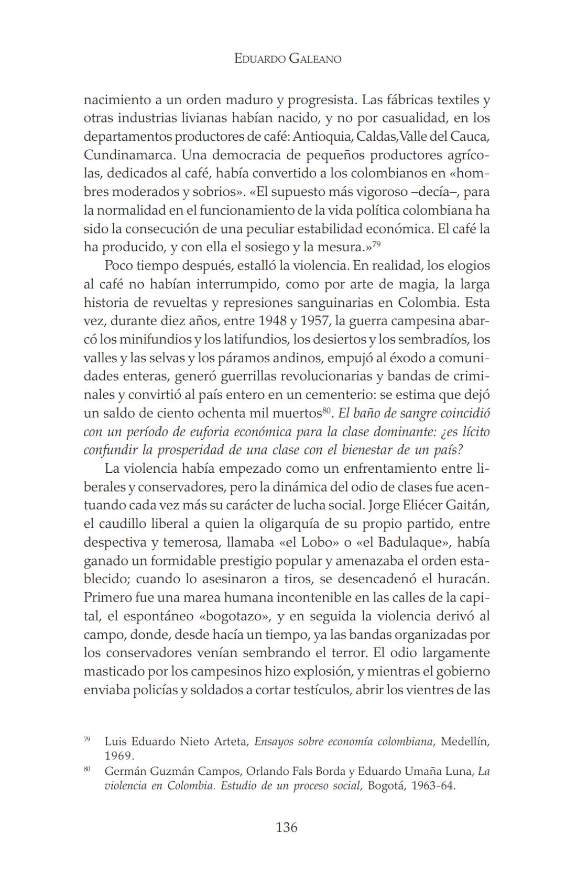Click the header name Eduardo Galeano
(287, 59)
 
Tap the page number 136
(286, 827)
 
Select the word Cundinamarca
(129, 155)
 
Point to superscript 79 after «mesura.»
(376, 243)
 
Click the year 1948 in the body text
(274, 321)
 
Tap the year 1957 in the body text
(314, 321)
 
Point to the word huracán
(464, 580)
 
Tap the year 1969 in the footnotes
(119, 756)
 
